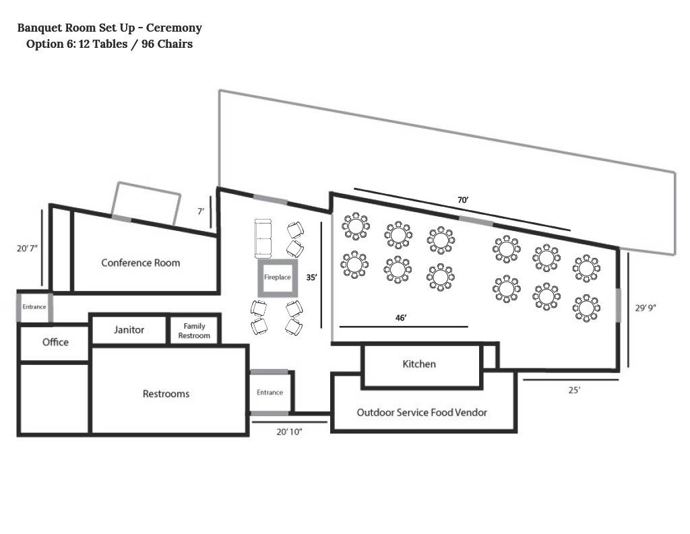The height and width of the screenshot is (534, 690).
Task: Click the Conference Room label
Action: point(140,263)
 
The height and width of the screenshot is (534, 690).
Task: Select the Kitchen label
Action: point(419,364)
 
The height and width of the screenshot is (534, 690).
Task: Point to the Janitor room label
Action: point(129,329)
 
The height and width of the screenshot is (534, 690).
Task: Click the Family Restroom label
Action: point(194,331)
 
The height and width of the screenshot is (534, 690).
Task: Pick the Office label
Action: point(55,342)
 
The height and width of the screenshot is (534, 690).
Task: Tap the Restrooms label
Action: point(166,394)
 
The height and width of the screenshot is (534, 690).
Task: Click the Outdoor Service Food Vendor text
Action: point(422,412)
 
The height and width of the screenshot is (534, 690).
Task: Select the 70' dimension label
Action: point(463,200)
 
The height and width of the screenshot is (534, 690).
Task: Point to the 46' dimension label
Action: point(401,317)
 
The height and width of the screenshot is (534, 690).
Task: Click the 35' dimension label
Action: point(311,277)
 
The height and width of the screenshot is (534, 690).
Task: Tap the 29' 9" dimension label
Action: point(646,308)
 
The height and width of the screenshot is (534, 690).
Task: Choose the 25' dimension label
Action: point(574,390)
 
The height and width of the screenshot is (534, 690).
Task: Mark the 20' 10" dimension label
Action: point(289,432)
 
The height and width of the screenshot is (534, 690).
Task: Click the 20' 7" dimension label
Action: point(27,248)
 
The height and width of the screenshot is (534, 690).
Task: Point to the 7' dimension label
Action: point(201,211)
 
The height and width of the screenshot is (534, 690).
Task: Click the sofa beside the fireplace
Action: point(263,238)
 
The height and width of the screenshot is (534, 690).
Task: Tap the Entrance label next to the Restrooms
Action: point(270,393)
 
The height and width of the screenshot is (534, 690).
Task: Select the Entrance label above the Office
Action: point(34,306)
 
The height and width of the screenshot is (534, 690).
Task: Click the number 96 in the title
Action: point(148,44)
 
